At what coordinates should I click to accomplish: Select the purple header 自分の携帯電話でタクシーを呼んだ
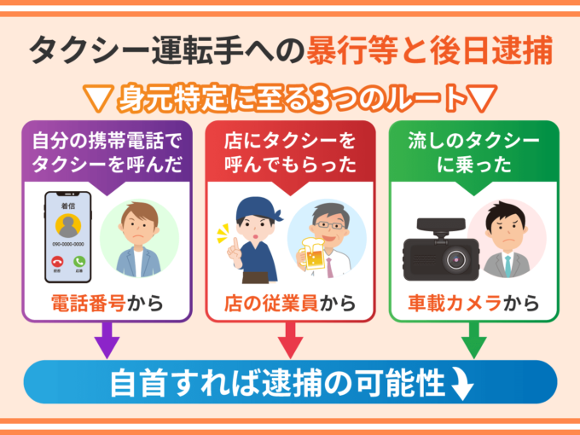pos(107,151)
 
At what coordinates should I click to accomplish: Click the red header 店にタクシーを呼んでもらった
pos(290,151)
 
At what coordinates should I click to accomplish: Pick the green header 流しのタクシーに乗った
pos(473,151)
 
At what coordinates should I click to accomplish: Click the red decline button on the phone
pos(57,262)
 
